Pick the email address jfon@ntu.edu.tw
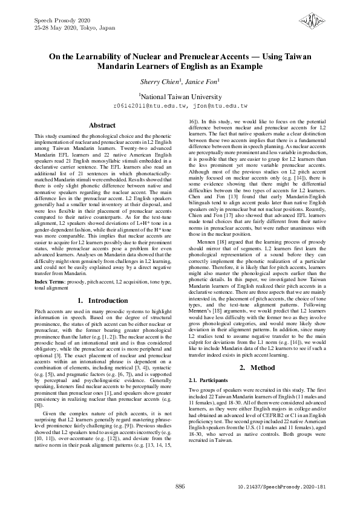click(221, 105)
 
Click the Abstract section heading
click(102, 125)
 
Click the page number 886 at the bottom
click(180, 486)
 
